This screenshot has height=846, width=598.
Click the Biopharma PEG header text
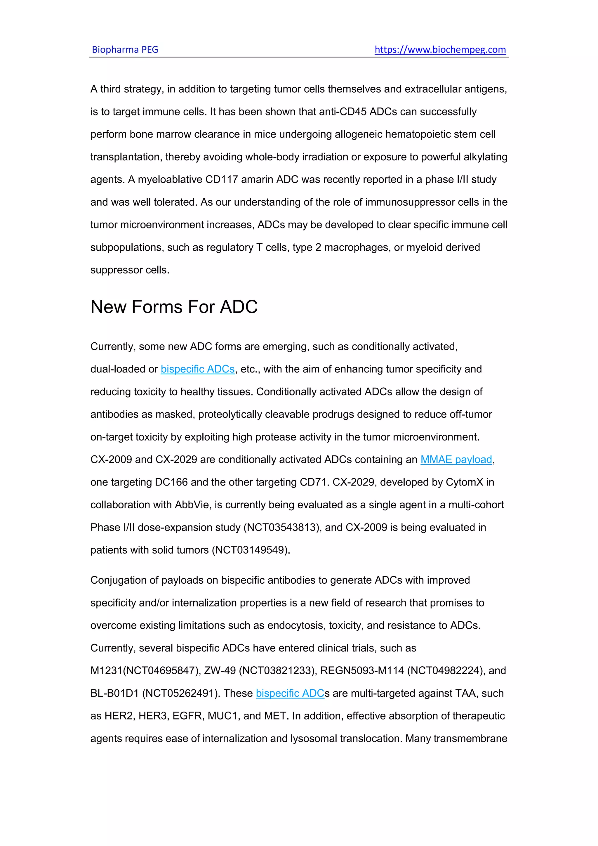click(125, 49)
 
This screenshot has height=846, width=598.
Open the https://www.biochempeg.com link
click(440, 49)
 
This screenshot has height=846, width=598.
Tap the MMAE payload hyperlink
click(456, 460)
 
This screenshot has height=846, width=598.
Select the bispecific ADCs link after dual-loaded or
click(198, 369)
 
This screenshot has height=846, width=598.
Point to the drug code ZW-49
click(220, 671)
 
